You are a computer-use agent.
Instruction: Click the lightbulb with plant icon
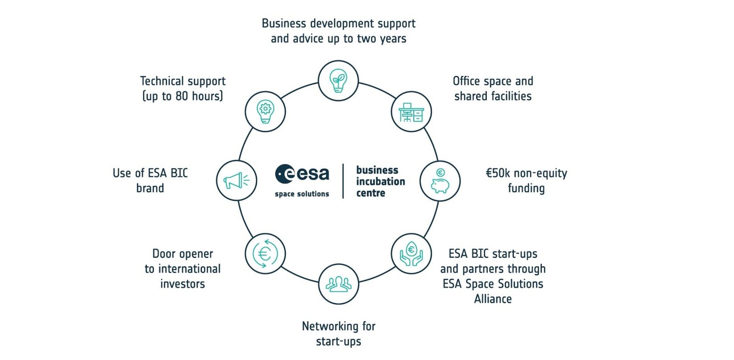[x=338, y=81]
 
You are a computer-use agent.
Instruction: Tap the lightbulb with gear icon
[x=265, y=112]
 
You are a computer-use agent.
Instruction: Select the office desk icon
[x=411, y=112]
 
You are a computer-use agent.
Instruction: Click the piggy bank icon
[x=440, y=181]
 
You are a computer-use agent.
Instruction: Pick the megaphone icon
[x=236, y=181]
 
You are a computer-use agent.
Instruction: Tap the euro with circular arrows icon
[x=265, y=254]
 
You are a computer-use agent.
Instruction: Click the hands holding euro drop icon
[x=411, y=254]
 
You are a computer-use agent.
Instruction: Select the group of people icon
[x=338, y=284]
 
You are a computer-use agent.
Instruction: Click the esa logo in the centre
[x=302, y=174]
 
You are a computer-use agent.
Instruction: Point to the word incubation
[x=381, y=182]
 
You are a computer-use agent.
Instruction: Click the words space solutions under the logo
[x=302, y=194]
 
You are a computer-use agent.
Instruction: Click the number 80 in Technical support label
[x=182, y=96]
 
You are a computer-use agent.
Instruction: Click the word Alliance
[x=493, y=299]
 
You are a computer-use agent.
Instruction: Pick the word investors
[x=182, y=284]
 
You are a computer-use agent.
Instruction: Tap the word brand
[x=150, y=188]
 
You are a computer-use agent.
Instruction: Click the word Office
[x=466, y=81]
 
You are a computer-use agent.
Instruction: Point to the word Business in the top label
[x=284, y=24]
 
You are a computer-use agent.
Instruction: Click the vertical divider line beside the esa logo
[x=343, y=181]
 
